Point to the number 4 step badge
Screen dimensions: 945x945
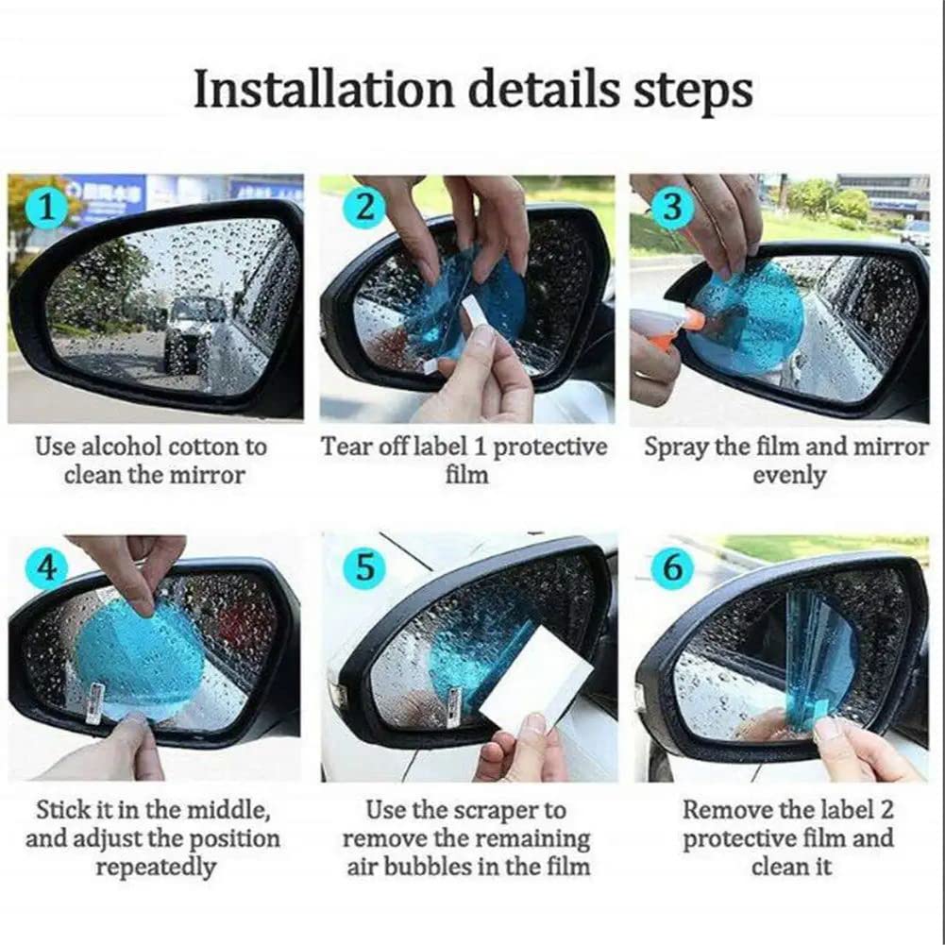(47, 568)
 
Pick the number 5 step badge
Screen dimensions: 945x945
(363, 568)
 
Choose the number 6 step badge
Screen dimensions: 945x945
(671, 568)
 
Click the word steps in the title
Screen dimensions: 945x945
(693, 92)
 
